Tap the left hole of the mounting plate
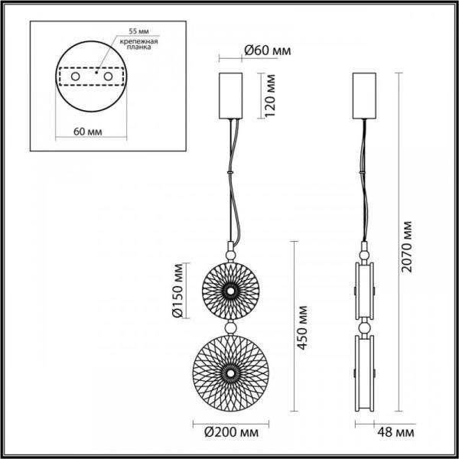(x=76, y=77)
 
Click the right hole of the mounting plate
(x=108, y=77)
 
